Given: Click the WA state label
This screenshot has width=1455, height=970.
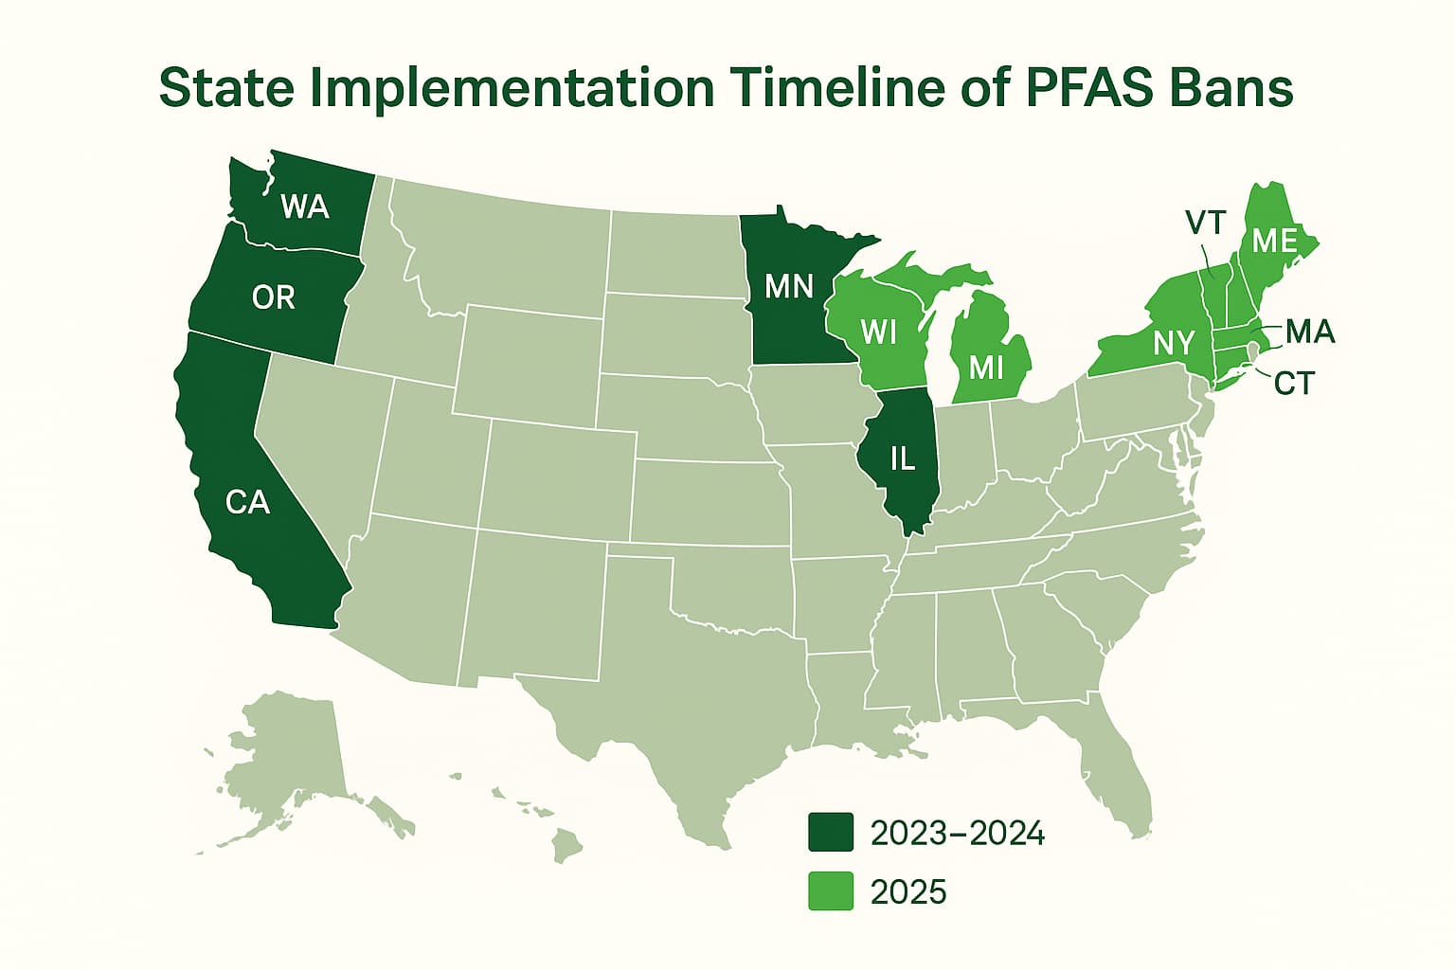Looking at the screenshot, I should (x=305, y=206).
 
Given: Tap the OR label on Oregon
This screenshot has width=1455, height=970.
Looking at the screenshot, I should (x=274, y=297).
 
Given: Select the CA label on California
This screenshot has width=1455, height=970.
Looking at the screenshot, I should (x=248, y=501).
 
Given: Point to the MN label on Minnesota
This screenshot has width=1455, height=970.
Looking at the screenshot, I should (x=789, y=285).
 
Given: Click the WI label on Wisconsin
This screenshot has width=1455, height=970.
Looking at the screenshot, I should (x=879, y=332).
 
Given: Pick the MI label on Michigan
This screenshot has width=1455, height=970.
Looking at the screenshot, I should (x=987, y=367).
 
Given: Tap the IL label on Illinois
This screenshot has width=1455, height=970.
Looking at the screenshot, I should (x=903, y=458).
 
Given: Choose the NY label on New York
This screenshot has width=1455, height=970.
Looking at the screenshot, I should (x=1174, y=342).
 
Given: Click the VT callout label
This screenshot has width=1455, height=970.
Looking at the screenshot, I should (x=1206, y=224).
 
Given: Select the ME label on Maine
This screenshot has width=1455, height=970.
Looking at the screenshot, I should (x=1274, y=241).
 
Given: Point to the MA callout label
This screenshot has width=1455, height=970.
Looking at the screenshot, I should (x=1310, y=332).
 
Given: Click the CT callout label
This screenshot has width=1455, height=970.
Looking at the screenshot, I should (x=1294, y=383).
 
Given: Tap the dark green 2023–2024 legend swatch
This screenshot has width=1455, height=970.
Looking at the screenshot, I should (x=830, y=833).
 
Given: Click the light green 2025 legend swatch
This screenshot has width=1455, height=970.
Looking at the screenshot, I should (x=830, y=891).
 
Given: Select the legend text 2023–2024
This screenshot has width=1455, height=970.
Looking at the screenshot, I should (x=957, y=833).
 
